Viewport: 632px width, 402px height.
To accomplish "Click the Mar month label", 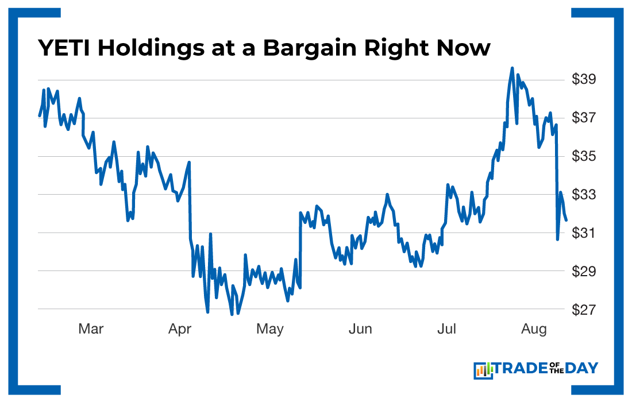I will click(91, 329).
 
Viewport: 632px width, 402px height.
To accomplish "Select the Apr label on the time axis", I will click(180, 329).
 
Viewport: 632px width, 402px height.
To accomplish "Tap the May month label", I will click(269, 329).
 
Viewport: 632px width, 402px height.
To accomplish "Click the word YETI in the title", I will click(64, 48).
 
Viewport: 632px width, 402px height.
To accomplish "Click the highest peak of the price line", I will click(512, 68).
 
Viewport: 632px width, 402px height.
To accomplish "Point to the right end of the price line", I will click(567, 220).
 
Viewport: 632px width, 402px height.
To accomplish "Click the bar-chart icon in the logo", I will click(483, 370).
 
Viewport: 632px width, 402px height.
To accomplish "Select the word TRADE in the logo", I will click(525, 368).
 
